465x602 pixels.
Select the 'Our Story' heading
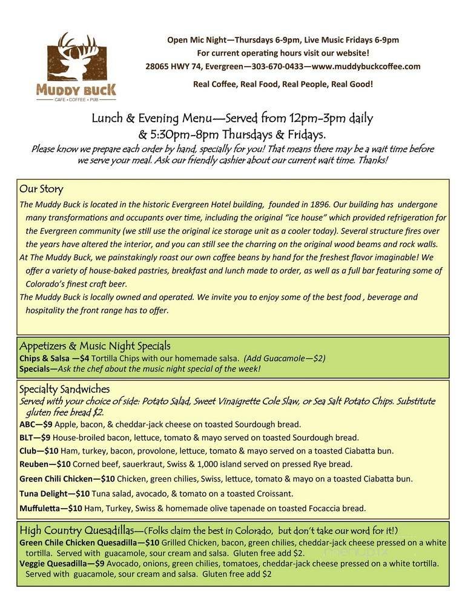[41, 189]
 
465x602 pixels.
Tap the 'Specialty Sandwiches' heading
[64, 389]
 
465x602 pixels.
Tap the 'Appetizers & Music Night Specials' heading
[94, 346]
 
